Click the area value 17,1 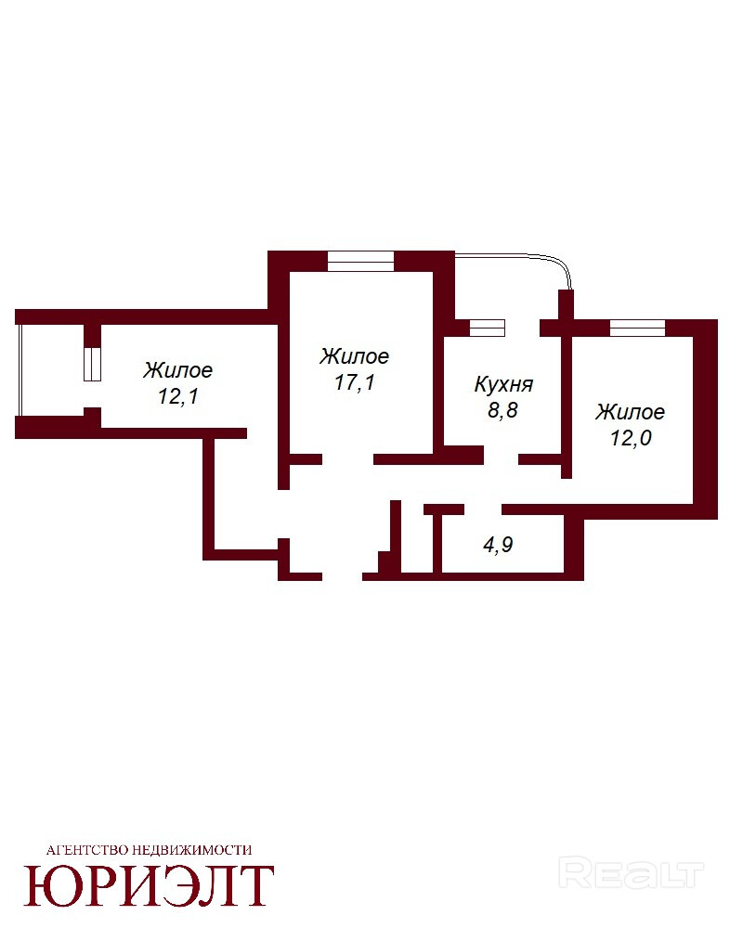tap(354, 382)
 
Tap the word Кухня tap(503, 385)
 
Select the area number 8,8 tap(502, 409)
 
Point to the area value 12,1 tap(177, 396)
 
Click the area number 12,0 tap(631, 438)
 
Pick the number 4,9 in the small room tap(498, 545)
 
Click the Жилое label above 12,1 tap(177, 370)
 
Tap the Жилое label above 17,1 tap(354, 356)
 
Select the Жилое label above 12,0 tap(631, 412)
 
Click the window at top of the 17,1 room tap(361, 261)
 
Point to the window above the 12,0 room tap(637, 328)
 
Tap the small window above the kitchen tap(487, 328)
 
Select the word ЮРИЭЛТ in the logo tap(149, 886)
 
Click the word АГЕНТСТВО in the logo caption tap(86, 850)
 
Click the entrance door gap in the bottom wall tap(343, 576)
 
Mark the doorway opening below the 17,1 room tap(347, 459)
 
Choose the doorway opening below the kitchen tap(502, 459)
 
